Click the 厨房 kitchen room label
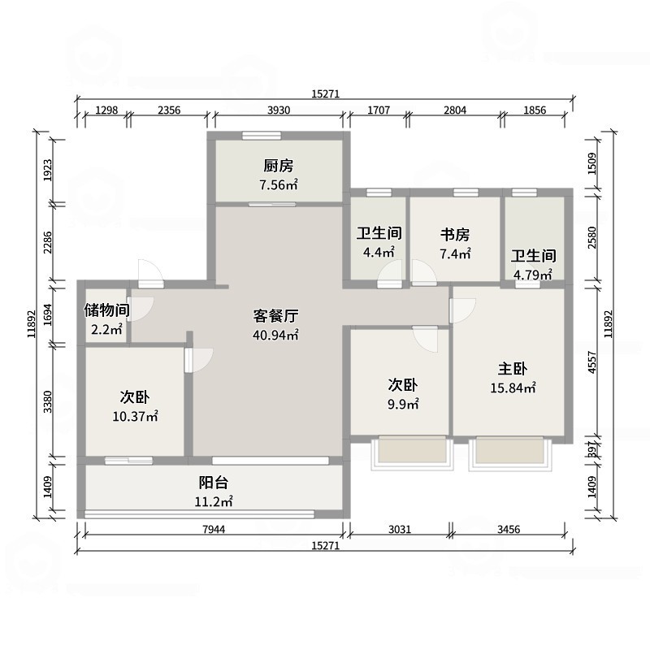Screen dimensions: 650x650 (278, 166)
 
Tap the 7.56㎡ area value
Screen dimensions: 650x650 (278, 185)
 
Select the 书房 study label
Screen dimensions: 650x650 (455, 235)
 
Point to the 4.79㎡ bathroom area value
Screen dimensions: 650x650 (533, 274)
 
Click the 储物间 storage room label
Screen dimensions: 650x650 (106, 310)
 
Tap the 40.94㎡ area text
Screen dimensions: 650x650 (275, 334)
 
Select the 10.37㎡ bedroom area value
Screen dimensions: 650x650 (135, 416)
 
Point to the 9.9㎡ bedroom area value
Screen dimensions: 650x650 (402, 404)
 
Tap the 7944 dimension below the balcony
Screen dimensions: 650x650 (214, 530)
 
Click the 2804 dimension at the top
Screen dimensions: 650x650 (454, 110)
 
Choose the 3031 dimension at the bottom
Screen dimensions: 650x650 (399, 530)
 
